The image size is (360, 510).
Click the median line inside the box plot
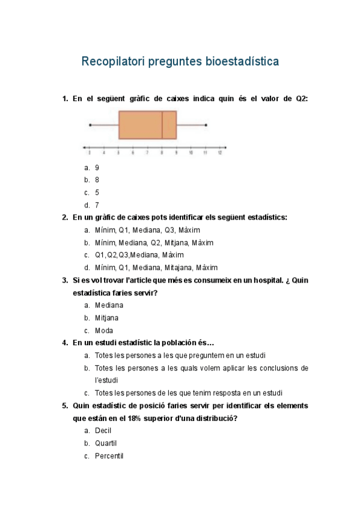point(162,125)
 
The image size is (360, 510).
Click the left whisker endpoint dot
point(90,125)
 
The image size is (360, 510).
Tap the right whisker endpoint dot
point(206,125)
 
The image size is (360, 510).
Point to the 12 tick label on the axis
point(220,153)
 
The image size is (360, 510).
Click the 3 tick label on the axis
point(90,153)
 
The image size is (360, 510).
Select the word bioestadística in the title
point(242,61)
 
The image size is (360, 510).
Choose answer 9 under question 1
point(97,167)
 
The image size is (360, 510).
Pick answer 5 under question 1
point(97,192)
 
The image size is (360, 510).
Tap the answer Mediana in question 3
point(109,305)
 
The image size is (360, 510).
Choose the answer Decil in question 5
point(103,431)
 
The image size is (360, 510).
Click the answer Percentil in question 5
point(109,456)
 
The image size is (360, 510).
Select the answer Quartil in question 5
point(106,443)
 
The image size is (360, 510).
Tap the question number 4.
point(65,343)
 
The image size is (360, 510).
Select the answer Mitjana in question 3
point(106,318)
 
